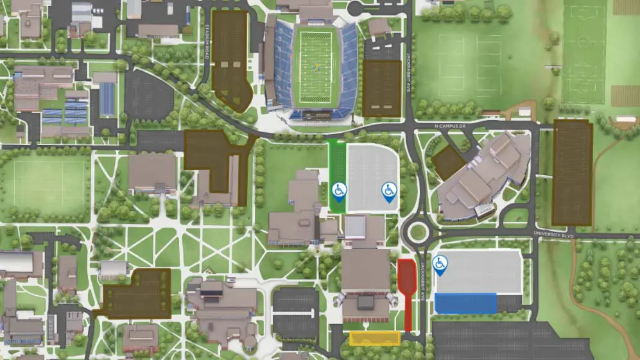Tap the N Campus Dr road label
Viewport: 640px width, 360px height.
pyautogui.click(x=449, y=126)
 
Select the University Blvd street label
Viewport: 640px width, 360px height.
pyautogui.click(x=553, y=235)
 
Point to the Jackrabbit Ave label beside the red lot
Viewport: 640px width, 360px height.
pyautogui.click(x=422, y=282)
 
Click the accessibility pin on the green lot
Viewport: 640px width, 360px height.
pyautogui.click(x=339, y=191)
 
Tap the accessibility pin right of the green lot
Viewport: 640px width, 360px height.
pyautogui.click(x=389, y=191)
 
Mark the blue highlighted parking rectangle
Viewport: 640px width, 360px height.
pyautogui.click(x=465, y=304)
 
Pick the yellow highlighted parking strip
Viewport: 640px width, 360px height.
pyautogui.click(x=375, y=338)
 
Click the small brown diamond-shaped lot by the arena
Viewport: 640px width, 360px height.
pyautogui.click(x=447, y=162)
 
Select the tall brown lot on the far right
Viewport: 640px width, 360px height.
pyautogui.click(x=572, y=172)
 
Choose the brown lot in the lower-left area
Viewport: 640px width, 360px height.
pyautogui.click(x=136, y=293)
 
